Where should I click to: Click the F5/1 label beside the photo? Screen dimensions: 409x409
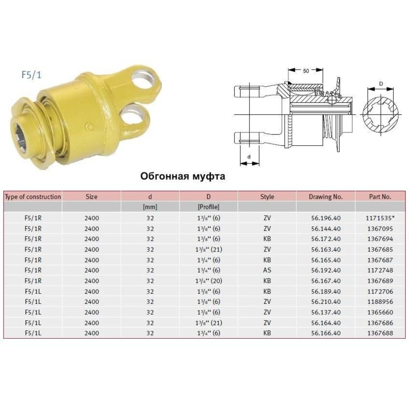(31, 75)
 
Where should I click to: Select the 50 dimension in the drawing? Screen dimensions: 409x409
(306, 71)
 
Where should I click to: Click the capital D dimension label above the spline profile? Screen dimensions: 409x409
(381, 84)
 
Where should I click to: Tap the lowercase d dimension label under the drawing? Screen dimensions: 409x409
(249, 157)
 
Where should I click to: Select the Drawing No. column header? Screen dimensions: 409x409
(326, 197)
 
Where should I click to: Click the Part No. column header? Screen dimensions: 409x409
(380, 197)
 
